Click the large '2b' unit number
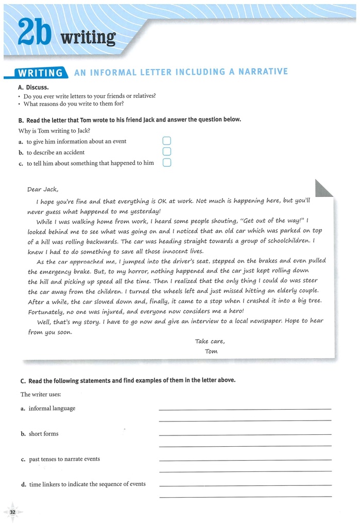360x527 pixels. (x=36, y=34)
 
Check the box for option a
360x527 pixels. (x=166, y=141)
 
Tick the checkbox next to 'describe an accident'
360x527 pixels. (x=166, y=152)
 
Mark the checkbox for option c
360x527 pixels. (x=166, y=163)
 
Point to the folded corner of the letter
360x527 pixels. (x=323, y=188)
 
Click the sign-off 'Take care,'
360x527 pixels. (x=210, y=341)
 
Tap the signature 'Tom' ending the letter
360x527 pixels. (x=211, y=352)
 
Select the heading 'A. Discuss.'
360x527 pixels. (x=33, y=87)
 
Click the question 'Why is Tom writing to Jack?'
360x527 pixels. (x=54, y=131)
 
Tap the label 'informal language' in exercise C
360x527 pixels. (x=52, y=408)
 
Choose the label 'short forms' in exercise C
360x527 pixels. (x=43, y=434)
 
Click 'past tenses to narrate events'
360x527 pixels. (x=64, y=459)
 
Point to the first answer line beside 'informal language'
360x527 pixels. (x=245, y=409)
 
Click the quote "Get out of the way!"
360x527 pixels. (x=272, y=221)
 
